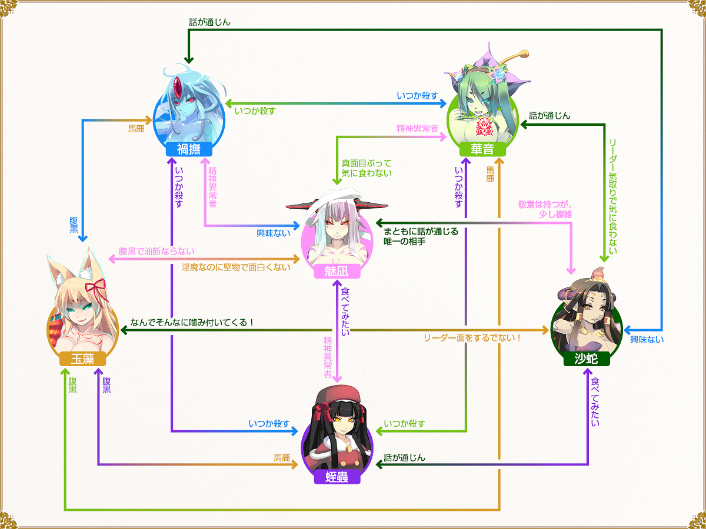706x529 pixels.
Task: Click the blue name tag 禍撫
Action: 189,149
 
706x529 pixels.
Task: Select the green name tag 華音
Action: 482,149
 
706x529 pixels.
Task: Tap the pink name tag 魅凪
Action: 337,272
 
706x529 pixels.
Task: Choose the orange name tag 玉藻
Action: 83,359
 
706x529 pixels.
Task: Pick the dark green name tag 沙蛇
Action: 587,359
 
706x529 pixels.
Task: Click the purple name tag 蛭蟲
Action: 337,477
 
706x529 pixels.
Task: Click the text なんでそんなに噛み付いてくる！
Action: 192,322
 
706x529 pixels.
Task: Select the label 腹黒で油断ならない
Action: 156,251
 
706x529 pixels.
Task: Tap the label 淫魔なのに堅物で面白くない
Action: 236,267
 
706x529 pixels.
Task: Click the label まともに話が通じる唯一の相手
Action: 421,236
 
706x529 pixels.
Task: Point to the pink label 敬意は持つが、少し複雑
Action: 545,209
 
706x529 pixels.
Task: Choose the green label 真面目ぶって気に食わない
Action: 367,168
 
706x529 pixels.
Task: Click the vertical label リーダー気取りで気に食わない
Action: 612,196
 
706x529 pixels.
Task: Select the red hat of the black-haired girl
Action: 338,395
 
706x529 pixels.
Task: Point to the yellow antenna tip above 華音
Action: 524,53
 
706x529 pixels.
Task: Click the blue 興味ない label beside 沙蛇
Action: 647,340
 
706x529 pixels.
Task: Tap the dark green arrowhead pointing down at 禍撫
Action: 189,60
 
